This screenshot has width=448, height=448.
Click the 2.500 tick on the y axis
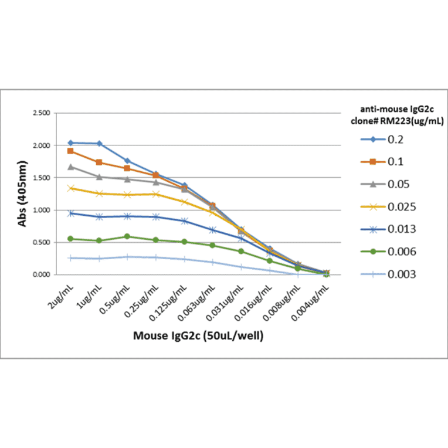coord(40,113)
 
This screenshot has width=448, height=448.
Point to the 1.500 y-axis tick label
coord(40,178)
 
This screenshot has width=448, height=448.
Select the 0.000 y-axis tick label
coord(40,274)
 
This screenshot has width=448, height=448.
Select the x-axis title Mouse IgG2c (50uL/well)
coord(198,336)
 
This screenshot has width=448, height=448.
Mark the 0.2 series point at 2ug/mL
coord(71,142)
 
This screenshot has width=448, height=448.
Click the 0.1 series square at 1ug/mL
coord(99,162)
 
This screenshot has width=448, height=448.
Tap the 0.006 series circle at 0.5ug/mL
coord(127,237)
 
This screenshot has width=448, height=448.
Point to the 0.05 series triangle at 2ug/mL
coord(71,167)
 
